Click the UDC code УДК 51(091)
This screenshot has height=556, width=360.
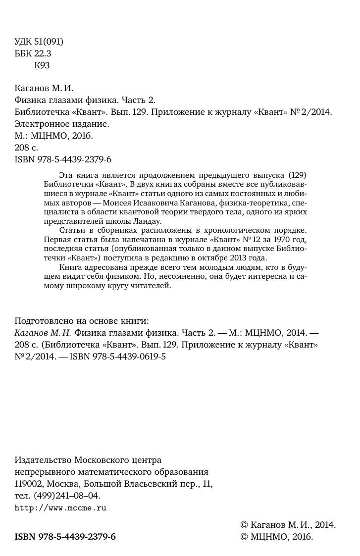click(39, 42)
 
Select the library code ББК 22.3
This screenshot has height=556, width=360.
click(33, 53)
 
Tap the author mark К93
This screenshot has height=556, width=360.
click(42, 65)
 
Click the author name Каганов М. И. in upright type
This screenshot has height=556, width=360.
click(44, 89)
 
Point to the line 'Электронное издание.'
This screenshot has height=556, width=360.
click(62, 124)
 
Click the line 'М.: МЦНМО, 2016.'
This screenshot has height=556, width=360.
click(54, 136)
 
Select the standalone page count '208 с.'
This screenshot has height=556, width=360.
click(26, 148)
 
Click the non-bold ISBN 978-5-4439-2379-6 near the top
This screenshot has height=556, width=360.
click(63, 159)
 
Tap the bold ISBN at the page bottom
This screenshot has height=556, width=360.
click(65, 537)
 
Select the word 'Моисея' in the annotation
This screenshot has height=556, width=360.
click(143, 203)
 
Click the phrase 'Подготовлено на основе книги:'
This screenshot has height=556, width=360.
click(82, 320)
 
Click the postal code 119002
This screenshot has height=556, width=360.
click(29, 484)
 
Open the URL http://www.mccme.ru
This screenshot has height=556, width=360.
click(61, 508)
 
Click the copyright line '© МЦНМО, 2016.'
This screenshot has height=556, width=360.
click(277, 537)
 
